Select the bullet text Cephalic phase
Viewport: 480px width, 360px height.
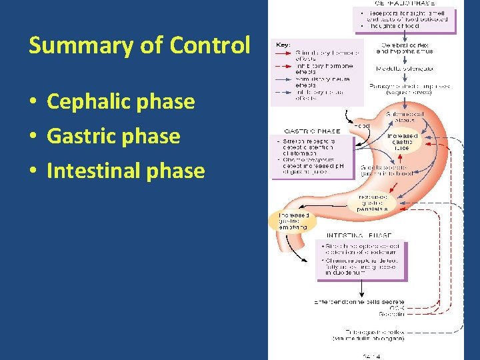(121, 102)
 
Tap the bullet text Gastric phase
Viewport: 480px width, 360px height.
(113, 136)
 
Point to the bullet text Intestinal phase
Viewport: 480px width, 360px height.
(125, 171)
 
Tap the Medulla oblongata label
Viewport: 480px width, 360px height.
(404, 69)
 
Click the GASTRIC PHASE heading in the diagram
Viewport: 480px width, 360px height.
(313, 131)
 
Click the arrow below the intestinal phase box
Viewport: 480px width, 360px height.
(361, 287)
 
